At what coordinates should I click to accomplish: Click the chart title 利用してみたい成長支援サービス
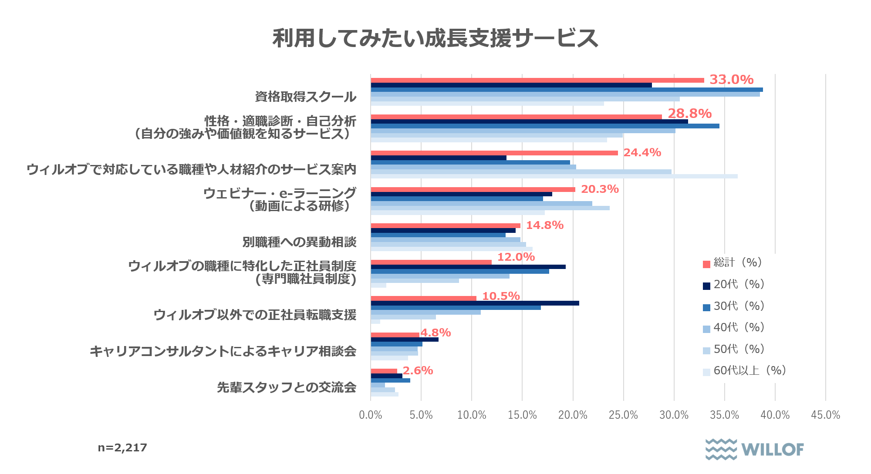pos(435,38)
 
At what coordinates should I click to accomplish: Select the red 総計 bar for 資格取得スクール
pos(537,80)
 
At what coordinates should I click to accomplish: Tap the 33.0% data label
pos(731,80)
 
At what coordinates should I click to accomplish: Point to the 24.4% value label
pos(642,152)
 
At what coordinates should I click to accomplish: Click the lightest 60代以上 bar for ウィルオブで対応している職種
pos(554,176)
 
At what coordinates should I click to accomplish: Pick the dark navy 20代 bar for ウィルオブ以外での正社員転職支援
pos(475,303)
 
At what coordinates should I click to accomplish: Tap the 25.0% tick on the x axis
pos(623,415)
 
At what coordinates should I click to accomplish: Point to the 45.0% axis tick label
pos(825,415)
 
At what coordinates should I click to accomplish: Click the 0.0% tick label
pos(371,415)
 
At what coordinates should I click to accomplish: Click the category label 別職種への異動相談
pos(299,242)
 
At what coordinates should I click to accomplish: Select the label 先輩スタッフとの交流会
pos(287,387)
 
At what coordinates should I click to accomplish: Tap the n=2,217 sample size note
pos(122,447)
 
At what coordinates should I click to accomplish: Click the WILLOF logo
pos(755,449)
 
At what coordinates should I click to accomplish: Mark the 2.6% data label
pos(418,370)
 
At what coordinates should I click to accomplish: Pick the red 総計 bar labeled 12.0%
pos(431,262)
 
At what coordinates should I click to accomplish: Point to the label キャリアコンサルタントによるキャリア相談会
pos(223,351)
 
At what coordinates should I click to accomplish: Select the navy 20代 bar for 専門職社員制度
pos(468,267)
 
